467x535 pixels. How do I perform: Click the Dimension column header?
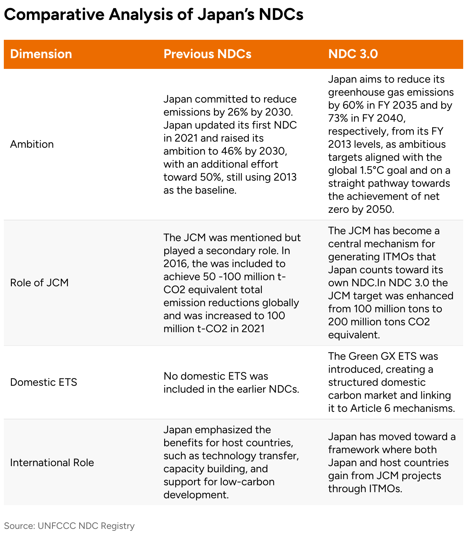41,54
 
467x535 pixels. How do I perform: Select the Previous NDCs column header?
207,54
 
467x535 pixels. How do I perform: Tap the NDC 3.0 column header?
353,54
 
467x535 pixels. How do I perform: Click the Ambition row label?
32,144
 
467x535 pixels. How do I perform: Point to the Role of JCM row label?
39,283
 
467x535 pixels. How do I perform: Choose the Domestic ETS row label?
44,382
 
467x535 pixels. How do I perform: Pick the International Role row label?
52,463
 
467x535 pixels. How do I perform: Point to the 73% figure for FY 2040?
338,118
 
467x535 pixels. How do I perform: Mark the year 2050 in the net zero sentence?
379,209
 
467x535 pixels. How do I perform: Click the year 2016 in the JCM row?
175,264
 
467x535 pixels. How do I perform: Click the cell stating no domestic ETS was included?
231,382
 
